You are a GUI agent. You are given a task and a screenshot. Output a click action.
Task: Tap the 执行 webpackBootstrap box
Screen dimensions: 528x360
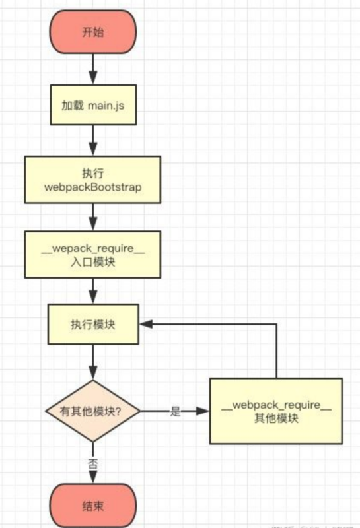[x=92, y=180]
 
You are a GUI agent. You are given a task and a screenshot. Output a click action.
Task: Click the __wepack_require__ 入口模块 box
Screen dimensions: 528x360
[x=92, y=253]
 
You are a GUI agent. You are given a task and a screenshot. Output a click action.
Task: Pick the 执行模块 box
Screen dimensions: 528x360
[x=92, y=324]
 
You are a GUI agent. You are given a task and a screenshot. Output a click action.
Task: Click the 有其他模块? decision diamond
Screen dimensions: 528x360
[x=92, y=411]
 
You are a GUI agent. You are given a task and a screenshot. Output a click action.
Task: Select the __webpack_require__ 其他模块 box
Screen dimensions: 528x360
[x=276, y=411]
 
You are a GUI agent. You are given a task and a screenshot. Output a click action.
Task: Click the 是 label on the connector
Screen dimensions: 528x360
[x=175, y=411]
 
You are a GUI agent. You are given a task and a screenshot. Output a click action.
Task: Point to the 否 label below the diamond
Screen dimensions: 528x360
[x=92, y=463]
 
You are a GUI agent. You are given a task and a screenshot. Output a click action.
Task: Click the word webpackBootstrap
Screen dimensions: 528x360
[x=92, y=187]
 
